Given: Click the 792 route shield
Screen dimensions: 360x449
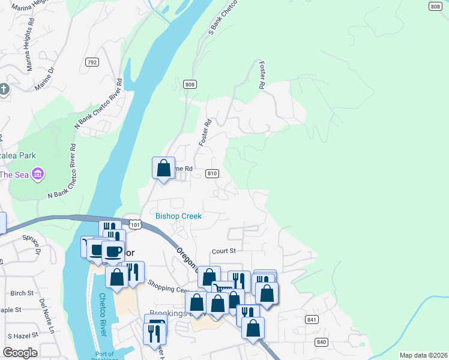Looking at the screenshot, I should (92, 62).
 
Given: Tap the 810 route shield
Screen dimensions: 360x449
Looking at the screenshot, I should (211, 173).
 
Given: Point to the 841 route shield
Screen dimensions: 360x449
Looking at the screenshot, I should (310, 320).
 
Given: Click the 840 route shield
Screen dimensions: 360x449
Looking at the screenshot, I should (321, 341).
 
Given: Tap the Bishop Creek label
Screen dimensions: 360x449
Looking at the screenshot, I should (178, 216).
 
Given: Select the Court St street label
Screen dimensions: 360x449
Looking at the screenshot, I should (224, 251).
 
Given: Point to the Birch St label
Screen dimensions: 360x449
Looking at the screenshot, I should (22, 293).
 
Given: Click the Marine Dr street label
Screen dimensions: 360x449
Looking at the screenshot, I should (44, 79).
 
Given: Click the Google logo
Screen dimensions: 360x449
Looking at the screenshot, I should (20, 353).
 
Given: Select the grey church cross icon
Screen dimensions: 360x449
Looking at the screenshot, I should (4, 90).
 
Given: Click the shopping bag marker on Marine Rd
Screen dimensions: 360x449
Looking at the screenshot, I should (163, 169).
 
